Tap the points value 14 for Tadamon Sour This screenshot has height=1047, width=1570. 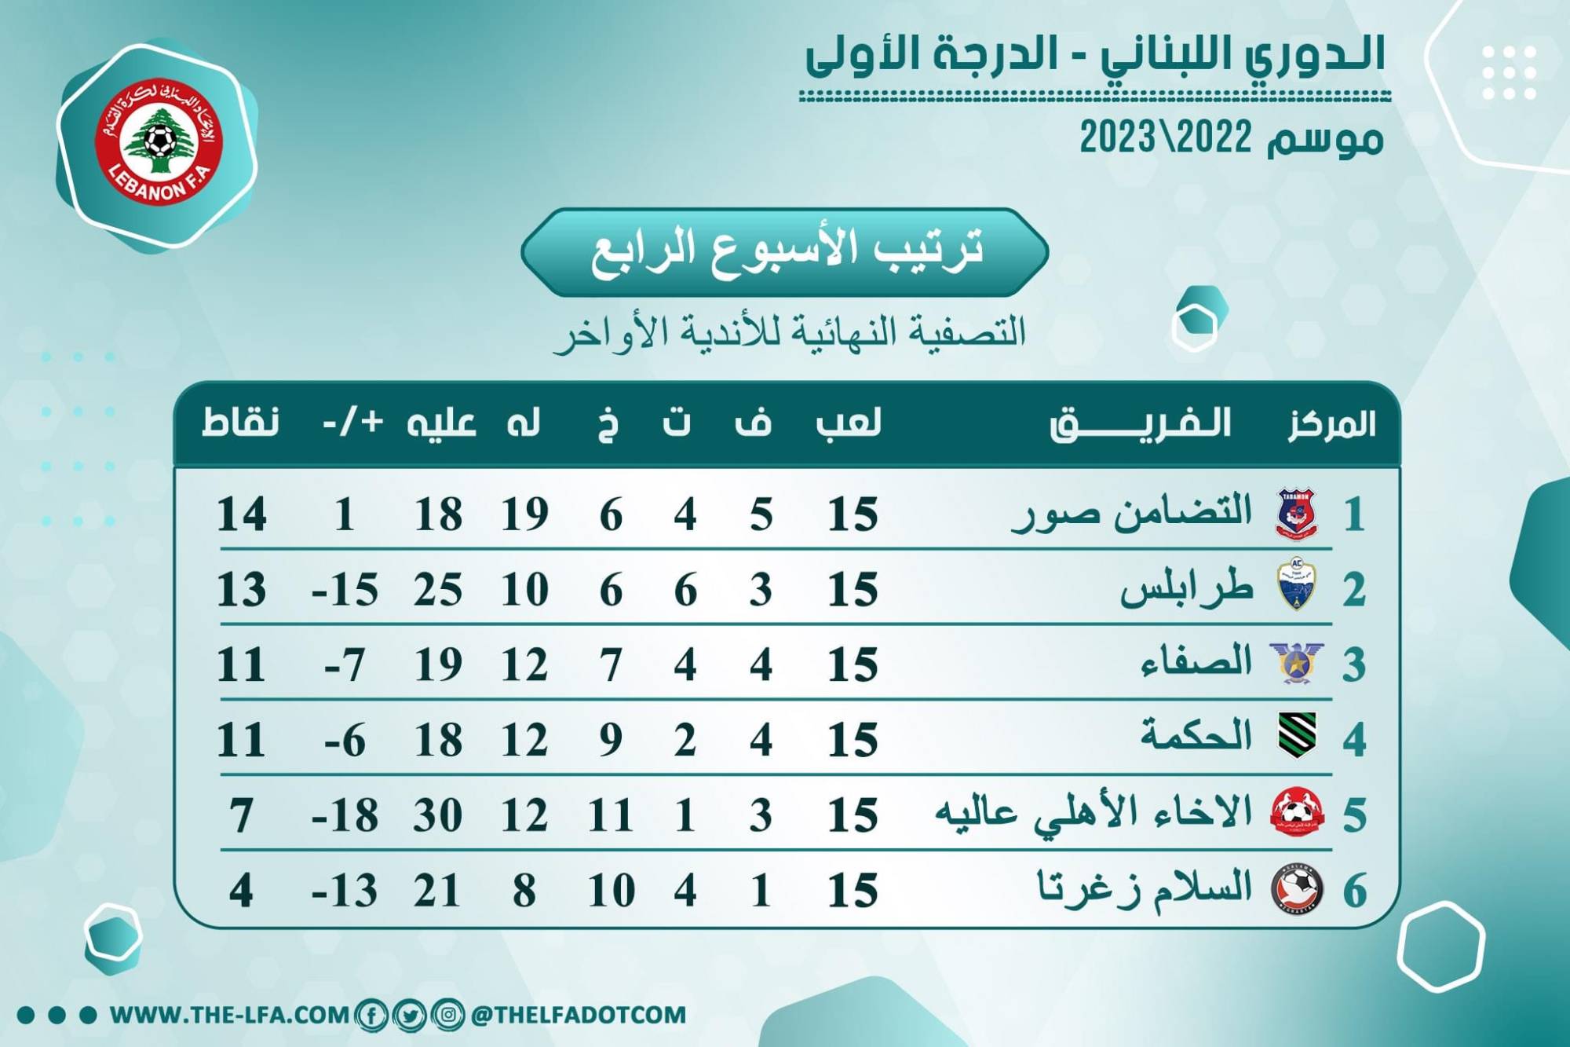[x=241, y=515]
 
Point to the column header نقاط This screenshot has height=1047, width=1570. [x=240, y=423]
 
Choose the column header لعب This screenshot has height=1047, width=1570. [x=849, y=423]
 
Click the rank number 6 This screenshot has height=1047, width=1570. [x=1355, y=891]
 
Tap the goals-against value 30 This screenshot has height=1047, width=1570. [x=438, y=815]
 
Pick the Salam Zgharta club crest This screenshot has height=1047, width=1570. [x=1297, y=889]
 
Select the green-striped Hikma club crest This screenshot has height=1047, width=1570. [x=1297, y=735]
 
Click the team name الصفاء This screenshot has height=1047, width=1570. [x=1196, y=661]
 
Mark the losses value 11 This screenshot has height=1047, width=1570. [x=611, y=815]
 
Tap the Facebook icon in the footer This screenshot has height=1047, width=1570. [x=371, y=1015]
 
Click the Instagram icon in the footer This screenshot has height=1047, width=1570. [x=447, y=1015]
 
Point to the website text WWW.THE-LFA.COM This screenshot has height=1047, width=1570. [x=229, y=1015]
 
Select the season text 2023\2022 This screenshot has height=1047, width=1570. [x=1165, y=138]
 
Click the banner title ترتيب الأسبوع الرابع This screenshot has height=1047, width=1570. [x=785, y=251]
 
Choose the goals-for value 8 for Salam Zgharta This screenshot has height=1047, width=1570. [x=524, y=891]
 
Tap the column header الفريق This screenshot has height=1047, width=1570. [x=1140, y=424]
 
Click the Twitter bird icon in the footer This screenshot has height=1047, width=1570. [x=409, y=1015]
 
